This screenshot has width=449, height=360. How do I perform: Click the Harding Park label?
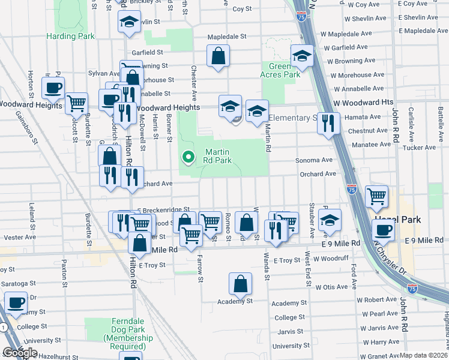[70, 36]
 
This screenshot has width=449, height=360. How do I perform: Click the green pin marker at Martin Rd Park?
[188, 157]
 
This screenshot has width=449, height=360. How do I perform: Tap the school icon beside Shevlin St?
[128, 22]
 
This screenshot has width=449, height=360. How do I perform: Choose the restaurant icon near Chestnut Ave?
[328, 123]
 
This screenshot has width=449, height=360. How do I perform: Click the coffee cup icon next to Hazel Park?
[384, 229]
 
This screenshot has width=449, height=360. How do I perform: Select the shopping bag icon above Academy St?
[240, 284]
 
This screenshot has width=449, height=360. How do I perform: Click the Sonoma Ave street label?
[313, 160]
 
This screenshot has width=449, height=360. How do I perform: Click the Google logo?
[20, 353]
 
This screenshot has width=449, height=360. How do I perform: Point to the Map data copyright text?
[423, 355]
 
